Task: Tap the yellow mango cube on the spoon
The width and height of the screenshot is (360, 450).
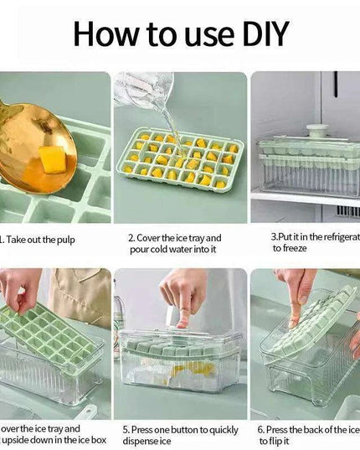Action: coord(53,157)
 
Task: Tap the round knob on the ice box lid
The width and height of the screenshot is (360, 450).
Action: coord(316,131)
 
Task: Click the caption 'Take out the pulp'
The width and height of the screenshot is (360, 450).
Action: coord(41,239)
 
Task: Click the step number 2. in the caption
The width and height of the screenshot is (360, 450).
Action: coord(132,238)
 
